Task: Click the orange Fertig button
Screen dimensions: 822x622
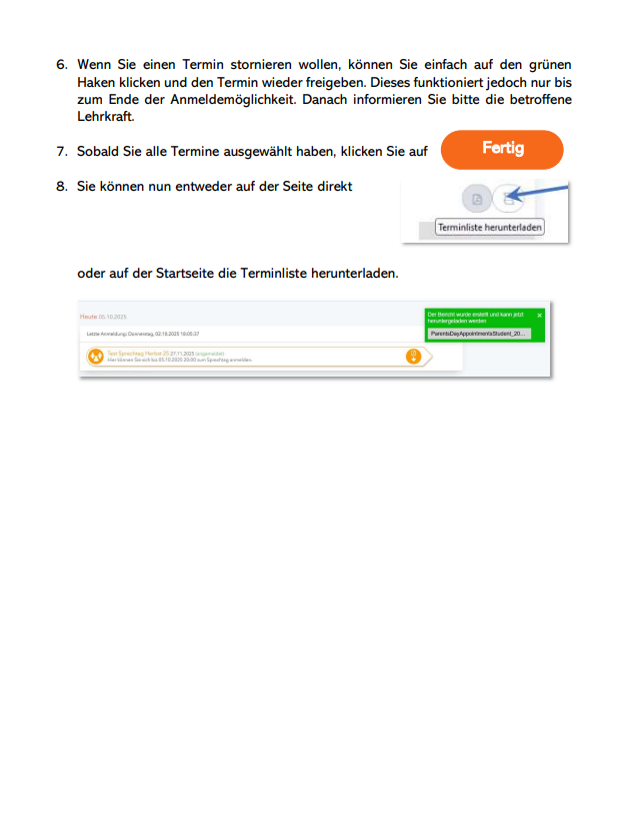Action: point(502,149)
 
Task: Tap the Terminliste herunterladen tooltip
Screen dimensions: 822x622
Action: point(490,228)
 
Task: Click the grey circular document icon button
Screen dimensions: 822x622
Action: point(477,200)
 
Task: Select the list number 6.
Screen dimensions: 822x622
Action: point(61,64)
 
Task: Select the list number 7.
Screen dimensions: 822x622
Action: point(61,152)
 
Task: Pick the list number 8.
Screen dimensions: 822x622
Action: point(61,186)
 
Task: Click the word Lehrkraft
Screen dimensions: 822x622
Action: point(105,116)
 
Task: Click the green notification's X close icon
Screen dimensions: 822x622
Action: point(540,315)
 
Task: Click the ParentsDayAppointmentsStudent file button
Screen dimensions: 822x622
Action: point(479,334)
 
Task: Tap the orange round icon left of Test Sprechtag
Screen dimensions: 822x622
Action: point(95,356)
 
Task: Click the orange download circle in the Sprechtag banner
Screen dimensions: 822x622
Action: point(413,357)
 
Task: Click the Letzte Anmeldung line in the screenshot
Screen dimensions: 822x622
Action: point(143,333)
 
